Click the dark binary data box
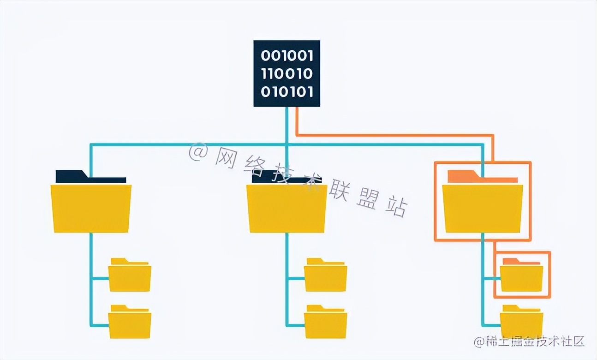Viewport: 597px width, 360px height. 287,73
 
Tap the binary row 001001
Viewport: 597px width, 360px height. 287,56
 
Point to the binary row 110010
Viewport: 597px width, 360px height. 287,74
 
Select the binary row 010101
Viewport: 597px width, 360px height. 287,91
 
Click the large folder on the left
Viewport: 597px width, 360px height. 91,208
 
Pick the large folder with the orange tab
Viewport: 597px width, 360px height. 483,208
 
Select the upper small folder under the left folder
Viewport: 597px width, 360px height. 130,277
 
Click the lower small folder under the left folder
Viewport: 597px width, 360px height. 130,324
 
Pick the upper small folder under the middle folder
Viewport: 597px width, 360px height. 325,277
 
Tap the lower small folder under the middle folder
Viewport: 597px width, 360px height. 325,324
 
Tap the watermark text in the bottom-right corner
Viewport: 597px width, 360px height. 529,342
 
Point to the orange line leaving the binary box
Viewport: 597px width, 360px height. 392,136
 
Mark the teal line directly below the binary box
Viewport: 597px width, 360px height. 287,125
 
